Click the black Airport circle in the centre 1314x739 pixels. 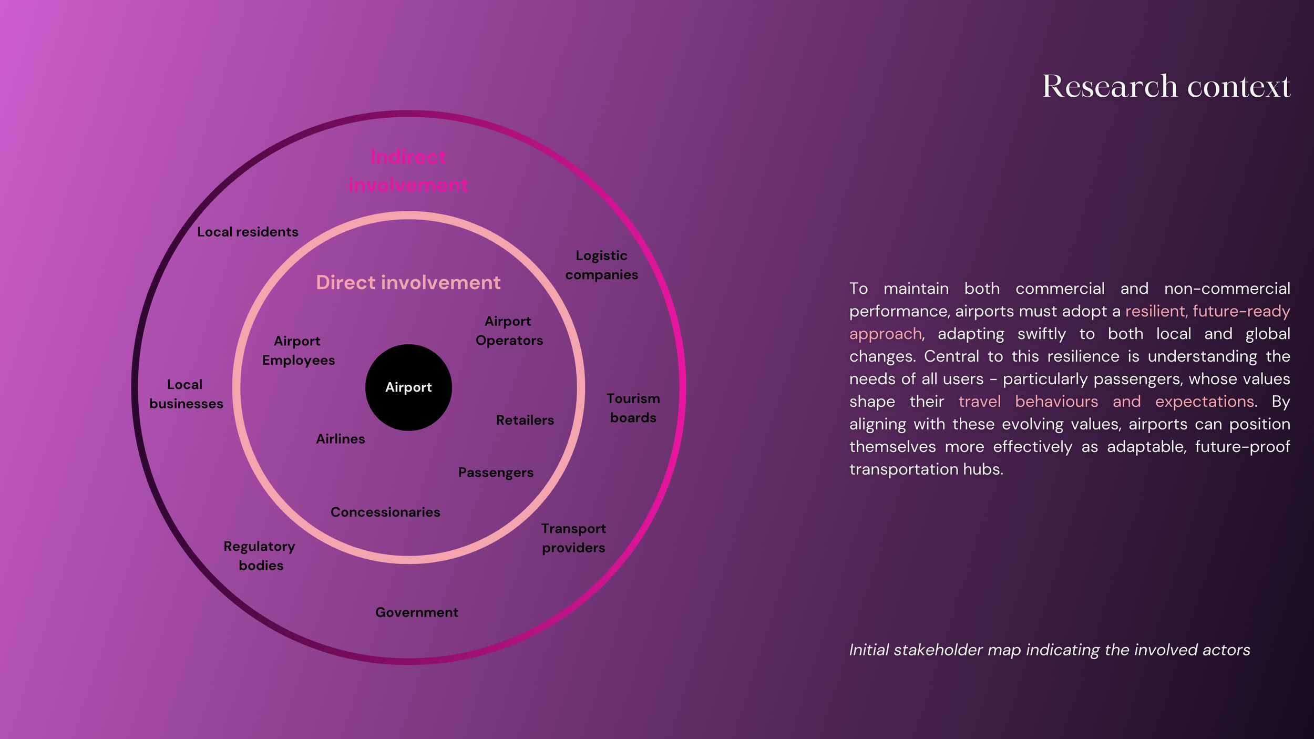408,387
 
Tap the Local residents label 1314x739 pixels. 248,232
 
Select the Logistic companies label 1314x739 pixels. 601,265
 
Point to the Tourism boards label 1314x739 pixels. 633,408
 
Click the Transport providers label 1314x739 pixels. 573,538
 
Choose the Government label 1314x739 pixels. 416,612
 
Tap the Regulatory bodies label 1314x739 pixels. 260,556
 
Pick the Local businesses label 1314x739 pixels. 186,394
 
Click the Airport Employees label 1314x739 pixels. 298,351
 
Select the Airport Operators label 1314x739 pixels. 509,331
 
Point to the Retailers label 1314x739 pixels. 525,420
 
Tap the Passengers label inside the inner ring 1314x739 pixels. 496,473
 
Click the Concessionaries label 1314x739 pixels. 385,512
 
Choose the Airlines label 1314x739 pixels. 340,439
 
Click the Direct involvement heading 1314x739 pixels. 408,283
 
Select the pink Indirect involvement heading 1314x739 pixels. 408,171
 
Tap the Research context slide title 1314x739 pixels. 1166,86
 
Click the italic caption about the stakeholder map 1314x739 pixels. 1049,650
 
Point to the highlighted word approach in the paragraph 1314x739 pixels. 885,334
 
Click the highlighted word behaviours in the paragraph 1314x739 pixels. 1056,402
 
